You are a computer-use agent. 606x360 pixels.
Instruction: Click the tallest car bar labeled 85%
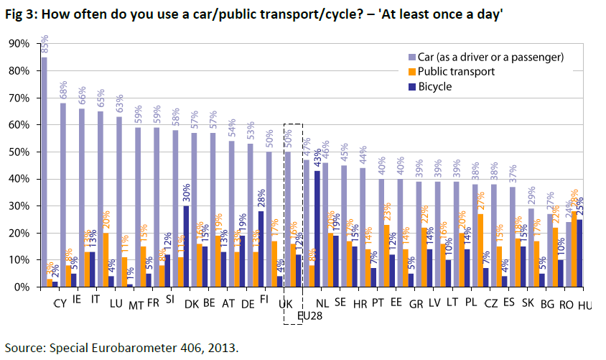click(45, 172)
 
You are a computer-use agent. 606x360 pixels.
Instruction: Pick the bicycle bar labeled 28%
click(260, 249)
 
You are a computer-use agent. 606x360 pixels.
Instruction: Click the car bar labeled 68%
click(63, 195)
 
